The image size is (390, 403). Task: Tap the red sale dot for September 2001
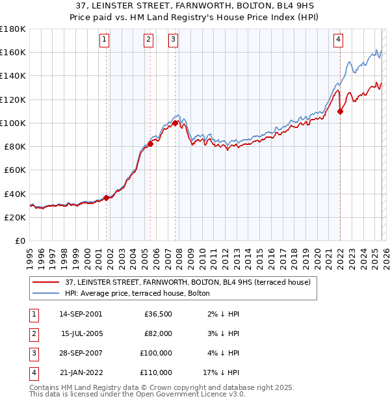tap(106, 198)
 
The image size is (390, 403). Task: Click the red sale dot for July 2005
tap(150, 144)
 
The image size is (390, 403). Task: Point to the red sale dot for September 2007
tap(175, 123)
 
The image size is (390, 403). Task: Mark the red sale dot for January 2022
tap(340, 111)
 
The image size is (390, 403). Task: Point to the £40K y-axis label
tap(15, 194)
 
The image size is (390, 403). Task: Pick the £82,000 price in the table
tap(158, 333)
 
